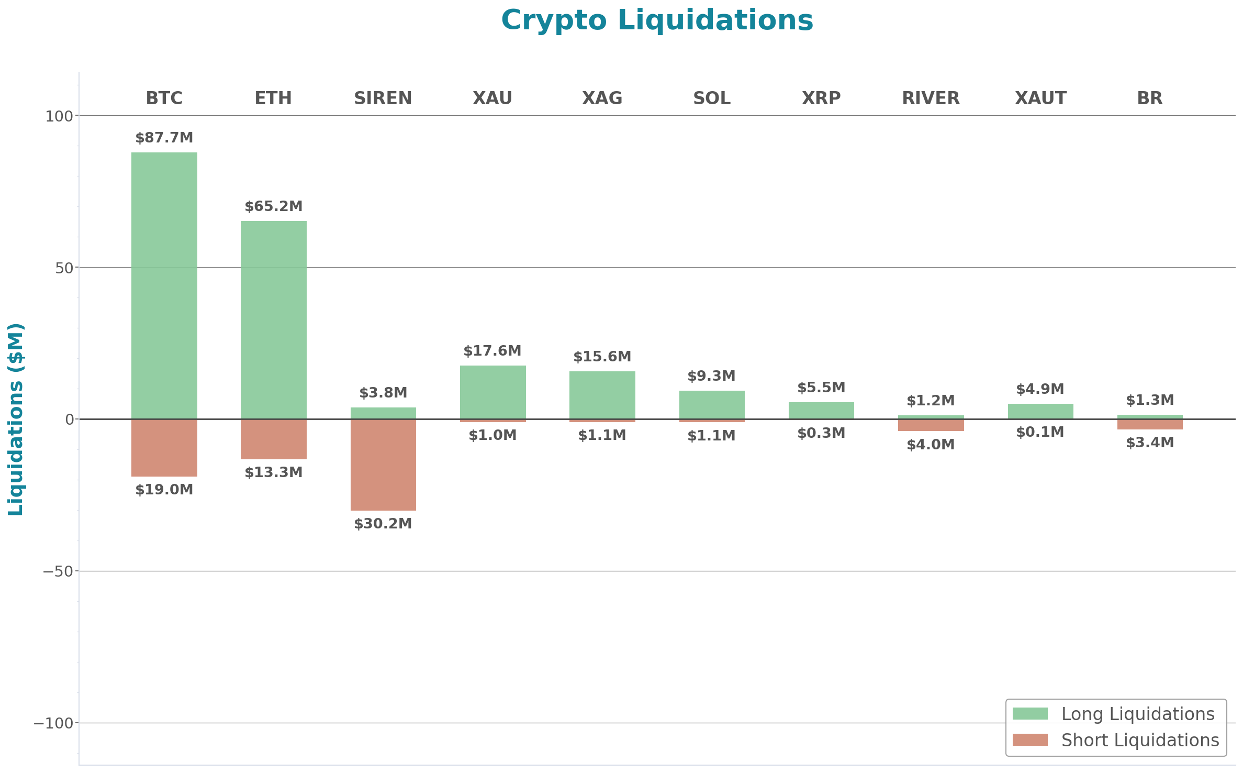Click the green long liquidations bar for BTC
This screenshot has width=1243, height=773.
(164, 285)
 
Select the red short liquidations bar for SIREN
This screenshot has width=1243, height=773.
(383, 465)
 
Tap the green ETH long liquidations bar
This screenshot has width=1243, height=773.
(274, 319)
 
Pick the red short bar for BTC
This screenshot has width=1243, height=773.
(164, 448)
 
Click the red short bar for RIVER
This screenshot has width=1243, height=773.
(931, 425)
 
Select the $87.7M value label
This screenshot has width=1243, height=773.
(164, 138)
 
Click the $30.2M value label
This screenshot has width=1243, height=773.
(383, 524)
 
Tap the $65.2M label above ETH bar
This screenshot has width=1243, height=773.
(274, 206)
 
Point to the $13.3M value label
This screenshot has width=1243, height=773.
(274, 472)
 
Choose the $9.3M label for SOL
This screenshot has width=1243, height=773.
(712, 376)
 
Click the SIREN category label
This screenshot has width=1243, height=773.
(383, 98)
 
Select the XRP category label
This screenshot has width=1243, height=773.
(821, 98)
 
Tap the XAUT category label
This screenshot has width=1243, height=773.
(1040, 98)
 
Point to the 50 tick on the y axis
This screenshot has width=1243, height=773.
(64, 268)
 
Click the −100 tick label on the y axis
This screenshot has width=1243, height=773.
(53, 724)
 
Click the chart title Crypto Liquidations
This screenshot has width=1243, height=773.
(657, 21)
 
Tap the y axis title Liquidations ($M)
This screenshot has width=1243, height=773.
(16, 419)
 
